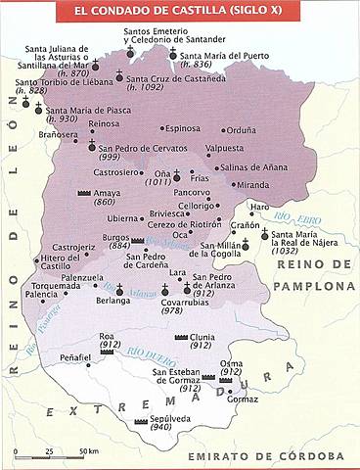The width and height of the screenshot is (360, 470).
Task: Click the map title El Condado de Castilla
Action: pyautogui.click(x=179, y=12)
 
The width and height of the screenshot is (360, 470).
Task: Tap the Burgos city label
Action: pyautogui.click(x=94, y=237)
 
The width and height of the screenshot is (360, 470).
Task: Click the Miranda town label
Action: pyautogui.click(x=252, y=184)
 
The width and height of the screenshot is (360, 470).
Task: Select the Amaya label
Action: pyautogui.click(x=108, y=194)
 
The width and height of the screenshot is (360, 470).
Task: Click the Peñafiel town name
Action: pyautogui.click(x=73, y=359)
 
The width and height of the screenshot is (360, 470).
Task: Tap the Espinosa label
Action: pyautogui.click(x=181, y=128)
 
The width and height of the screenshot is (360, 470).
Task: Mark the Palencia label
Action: pyautogui.click(x=41, y=294)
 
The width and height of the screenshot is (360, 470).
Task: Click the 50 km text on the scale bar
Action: pyautogui.click(x=89, y=451)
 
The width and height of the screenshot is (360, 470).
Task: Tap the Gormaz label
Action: pyautogui.click(x=243, y=399)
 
